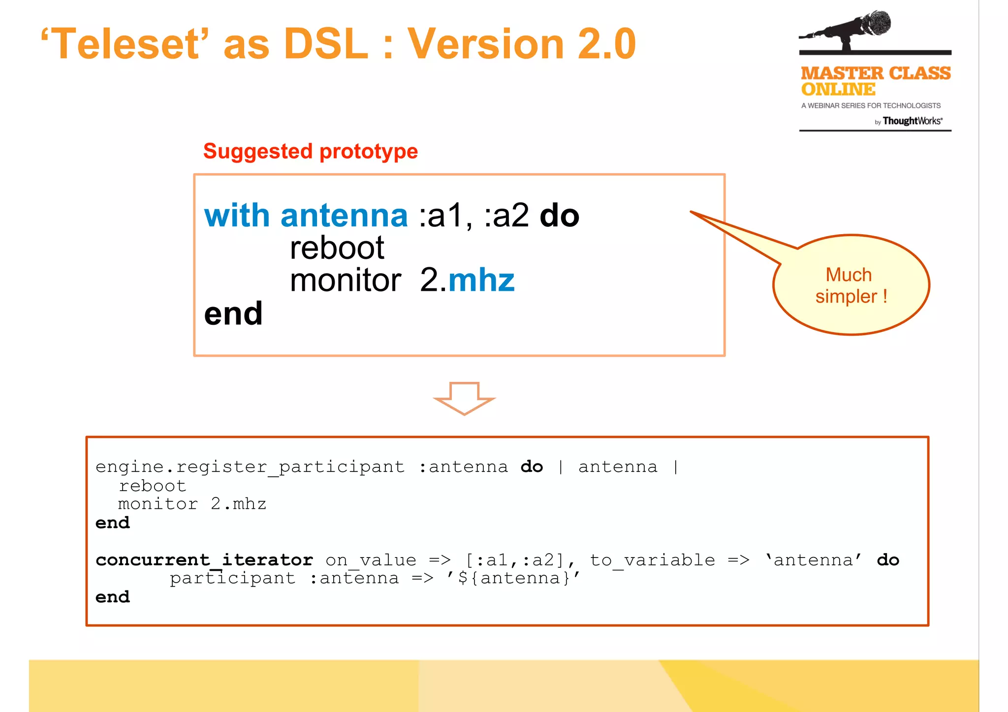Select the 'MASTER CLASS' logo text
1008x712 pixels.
[875, 73]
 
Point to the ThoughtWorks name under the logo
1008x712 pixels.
[912, 121]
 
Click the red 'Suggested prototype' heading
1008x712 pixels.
[311, 151]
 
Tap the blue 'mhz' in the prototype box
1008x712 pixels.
[481, 280]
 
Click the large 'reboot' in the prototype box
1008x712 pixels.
[337, 248]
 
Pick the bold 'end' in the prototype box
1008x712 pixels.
[233, 313]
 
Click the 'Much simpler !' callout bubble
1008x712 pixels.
[851, 285]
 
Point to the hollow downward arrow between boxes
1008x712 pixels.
[464, 398]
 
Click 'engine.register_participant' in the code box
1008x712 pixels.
[250, 466]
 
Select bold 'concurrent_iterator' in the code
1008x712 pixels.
[204, 560]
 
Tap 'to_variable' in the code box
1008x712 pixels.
[652, 560]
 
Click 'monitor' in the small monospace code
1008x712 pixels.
[157, 504]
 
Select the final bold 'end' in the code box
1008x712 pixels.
[113, 597]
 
